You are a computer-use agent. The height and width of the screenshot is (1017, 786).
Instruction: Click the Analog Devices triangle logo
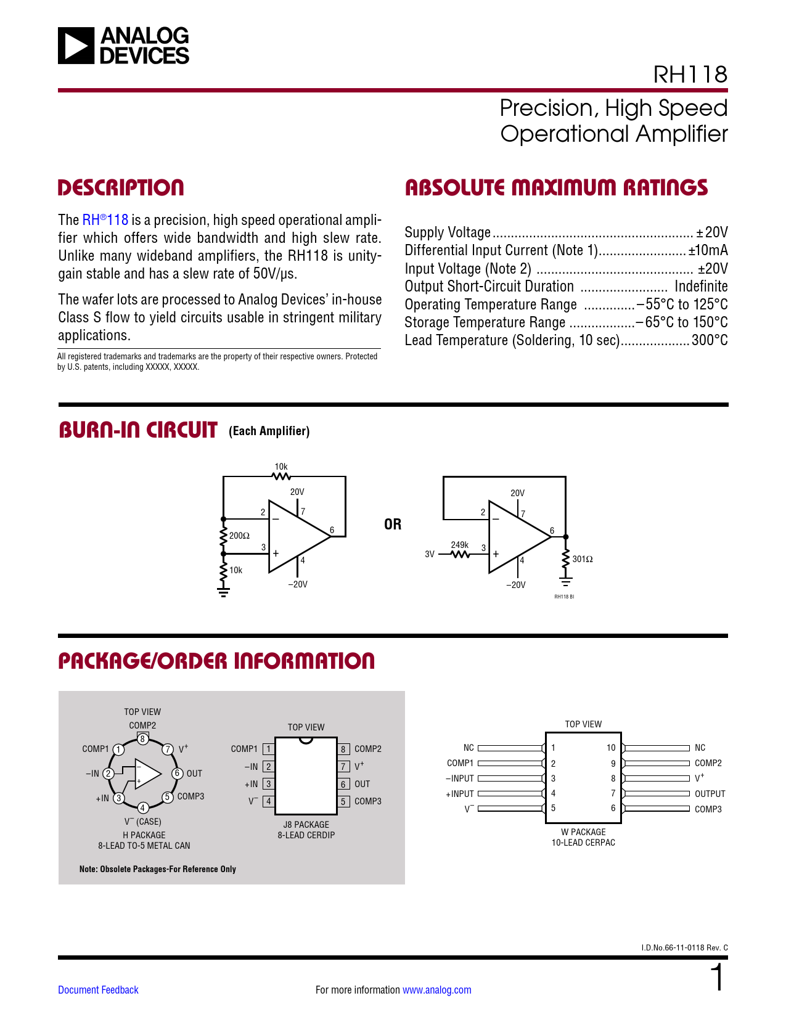(76, 46)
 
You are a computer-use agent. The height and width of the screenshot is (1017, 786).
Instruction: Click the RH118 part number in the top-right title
(690, 75)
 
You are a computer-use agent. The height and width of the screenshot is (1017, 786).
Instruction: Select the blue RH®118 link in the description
(105, 220)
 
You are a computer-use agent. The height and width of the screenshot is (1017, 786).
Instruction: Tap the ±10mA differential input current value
(708, 250)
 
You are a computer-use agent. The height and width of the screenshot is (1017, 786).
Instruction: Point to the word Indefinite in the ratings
(701, 287)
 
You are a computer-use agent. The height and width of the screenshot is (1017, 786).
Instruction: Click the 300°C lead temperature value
(710, 340)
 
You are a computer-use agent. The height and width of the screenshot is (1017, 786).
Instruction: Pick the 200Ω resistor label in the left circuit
(239, 536)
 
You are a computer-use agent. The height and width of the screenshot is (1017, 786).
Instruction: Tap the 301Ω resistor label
(583, 559)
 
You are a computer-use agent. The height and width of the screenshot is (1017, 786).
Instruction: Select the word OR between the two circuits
(393, 525)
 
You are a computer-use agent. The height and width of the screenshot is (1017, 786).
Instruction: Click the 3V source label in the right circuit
(430, 554)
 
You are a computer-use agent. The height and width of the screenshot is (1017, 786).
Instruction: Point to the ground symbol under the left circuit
(223, 592)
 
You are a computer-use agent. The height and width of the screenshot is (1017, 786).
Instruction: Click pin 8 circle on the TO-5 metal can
(142, 739)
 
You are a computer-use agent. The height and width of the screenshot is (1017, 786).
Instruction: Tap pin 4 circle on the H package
(142, 807)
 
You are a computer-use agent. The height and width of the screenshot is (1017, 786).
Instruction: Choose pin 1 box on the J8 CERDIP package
(268, 749)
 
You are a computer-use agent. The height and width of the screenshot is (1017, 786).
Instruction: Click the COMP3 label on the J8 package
(367, 801)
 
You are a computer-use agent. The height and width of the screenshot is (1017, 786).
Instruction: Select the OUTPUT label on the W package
(710, 794)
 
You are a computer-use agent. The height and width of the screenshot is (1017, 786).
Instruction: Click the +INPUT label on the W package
(460, 794)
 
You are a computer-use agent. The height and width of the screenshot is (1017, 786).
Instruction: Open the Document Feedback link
(98, 990)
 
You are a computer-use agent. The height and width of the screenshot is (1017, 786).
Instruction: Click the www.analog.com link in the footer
(436, 990)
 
